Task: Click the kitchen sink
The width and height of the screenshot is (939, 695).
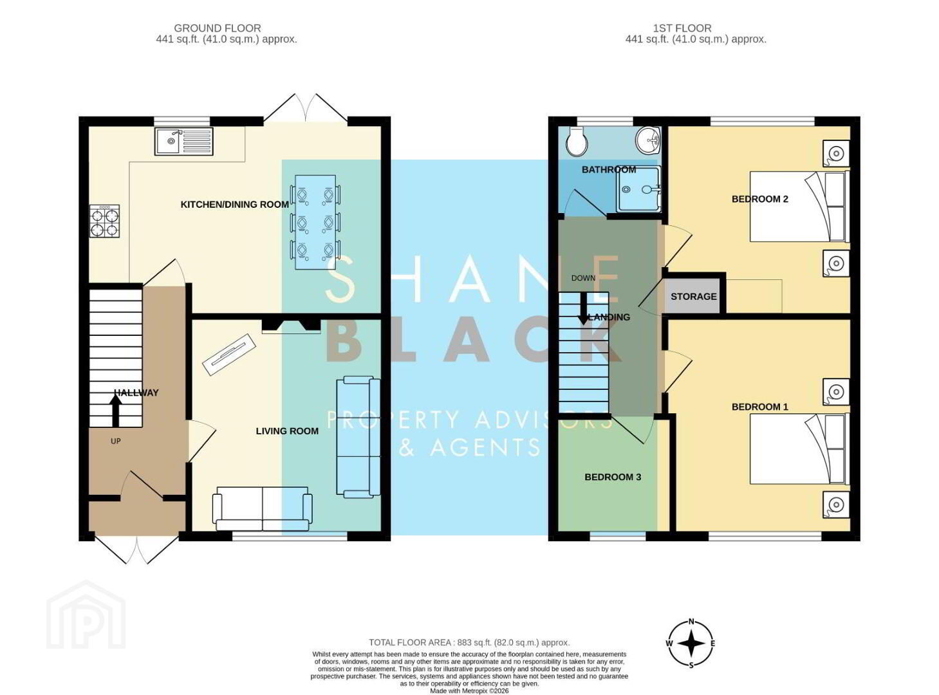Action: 183,142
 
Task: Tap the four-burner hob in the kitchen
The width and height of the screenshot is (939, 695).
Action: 104,221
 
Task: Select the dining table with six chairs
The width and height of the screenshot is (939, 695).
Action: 315,222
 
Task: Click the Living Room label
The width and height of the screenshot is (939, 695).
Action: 287,431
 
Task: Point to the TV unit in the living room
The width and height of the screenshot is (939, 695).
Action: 229,355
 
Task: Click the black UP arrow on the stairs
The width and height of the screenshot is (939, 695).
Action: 116,410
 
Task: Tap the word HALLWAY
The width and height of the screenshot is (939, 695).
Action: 136,393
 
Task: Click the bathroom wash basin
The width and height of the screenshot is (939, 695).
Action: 647,140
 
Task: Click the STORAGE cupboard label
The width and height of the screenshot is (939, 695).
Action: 693,296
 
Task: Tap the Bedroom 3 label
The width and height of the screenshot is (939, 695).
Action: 613,477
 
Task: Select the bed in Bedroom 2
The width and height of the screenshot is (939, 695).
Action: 799,206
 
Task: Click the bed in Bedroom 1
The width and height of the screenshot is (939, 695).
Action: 799,449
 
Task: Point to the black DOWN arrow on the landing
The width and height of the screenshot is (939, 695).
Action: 583,308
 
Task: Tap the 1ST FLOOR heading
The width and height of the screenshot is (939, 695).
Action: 682,28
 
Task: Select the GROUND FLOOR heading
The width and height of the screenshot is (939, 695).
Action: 218,28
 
